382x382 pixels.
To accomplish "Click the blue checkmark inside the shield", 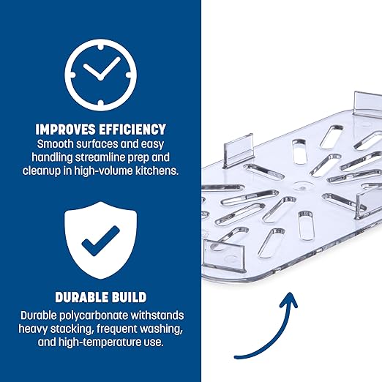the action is (x=100, y=241).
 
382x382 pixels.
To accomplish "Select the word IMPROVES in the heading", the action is (x=65, y=130).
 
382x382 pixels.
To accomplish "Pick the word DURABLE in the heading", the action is (x=82, y=297).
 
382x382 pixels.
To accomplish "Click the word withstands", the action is (x=157, y=315).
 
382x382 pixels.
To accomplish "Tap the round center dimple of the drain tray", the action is (x=302, y=187).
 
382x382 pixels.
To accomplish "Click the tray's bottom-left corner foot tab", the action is (x=223, y=255).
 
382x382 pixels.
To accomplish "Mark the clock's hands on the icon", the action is (x=102, y=70).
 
